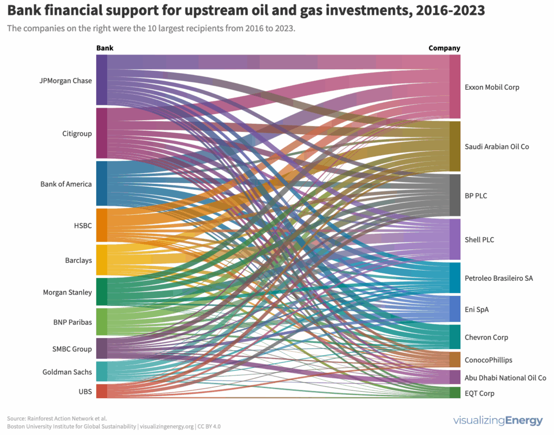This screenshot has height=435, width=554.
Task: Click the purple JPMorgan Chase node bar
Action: click(102, 80)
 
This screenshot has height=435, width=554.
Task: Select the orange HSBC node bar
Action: click(102, 225)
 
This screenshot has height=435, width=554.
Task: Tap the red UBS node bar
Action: click(102, 391)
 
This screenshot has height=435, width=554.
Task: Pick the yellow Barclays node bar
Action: click(102, 260)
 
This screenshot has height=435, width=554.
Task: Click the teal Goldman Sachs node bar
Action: click(102, 372)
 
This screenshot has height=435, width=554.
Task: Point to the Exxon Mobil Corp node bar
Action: click(455, 87)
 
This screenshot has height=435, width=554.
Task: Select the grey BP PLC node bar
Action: click(455, 195)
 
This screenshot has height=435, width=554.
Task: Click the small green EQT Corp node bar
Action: click(455, 393)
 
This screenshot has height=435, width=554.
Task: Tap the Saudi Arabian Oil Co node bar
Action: click(455, 146)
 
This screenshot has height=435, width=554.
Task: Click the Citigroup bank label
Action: click(77, 134)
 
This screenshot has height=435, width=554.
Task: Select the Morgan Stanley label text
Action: click(67, 293)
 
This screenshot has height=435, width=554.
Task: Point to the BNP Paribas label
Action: click(72, 322)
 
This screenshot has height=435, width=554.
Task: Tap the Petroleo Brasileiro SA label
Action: click(498, 278)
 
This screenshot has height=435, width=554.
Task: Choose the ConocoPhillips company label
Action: click(488, 360)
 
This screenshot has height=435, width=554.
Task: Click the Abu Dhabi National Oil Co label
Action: click(505, 378)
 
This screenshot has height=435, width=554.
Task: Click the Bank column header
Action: click(105, 48)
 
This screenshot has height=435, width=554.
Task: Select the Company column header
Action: click(444, 48)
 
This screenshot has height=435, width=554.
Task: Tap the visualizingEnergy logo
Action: click(499, 420)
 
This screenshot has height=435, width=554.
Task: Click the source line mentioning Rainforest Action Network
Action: click(57, 418)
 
